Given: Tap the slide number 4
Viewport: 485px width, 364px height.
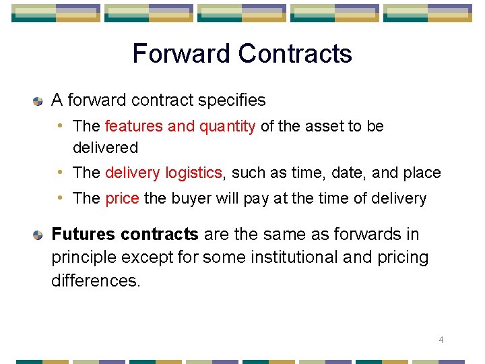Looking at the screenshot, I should tap(441, 340).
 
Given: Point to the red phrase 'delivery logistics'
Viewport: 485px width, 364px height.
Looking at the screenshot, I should tap(163, 173).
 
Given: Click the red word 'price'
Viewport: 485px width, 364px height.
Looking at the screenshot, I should tap(122, 198).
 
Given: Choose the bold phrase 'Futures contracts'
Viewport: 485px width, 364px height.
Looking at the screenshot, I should tap(125, 235).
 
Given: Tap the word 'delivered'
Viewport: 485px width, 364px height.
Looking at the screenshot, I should tap(105, 148).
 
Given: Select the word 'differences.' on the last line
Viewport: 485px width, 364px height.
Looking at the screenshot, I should tap(96, 280).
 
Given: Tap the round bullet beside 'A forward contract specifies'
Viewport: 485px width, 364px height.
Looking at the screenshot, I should tap(38, 101).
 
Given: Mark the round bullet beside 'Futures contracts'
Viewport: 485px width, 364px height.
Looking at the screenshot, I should tap(38, 235).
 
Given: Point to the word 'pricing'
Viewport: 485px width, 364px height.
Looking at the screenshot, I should tap(403, 257).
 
